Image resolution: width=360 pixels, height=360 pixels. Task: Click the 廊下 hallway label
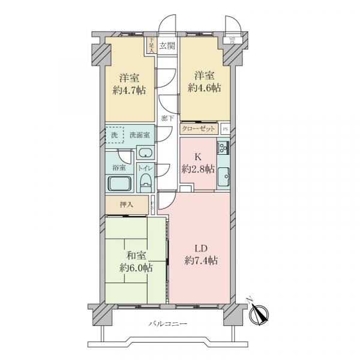pos(167,118)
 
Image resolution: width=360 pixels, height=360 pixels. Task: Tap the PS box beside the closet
pos(225,129)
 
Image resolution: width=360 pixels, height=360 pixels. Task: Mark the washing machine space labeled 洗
pos(115,135)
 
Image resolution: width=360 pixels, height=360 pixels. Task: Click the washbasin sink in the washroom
pos(145,154)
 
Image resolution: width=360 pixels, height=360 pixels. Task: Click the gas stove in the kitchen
pos(223,148)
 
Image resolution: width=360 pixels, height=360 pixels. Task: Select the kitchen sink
pos(224,175)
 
